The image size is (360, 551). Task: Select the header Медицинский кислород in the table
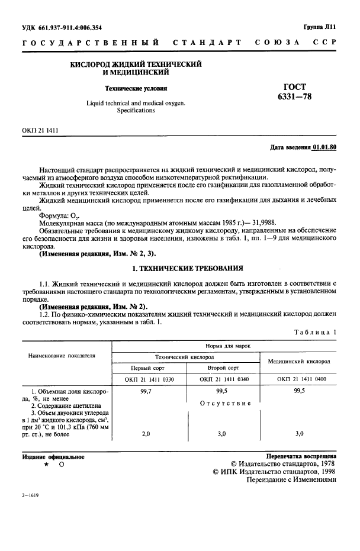pyautogui.click(x=299, y=360)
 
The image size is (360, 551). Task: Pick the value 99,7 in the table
pyautogui.click(x=146, y=392)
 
